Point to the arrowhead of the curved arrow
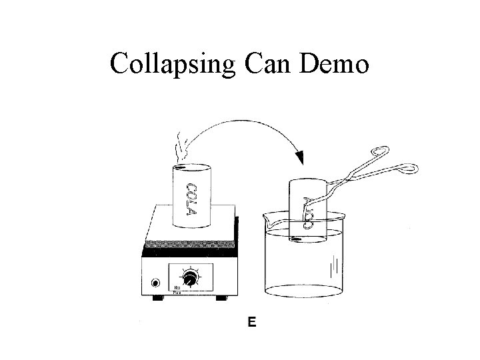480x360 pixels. (x=300, y=158)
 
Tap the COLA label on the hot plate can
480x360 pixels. (x=191, y=198)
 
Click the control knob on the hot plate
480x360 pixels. (x=192, y=279)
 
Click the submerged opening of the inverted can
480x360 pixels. (x=307, y=235)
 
